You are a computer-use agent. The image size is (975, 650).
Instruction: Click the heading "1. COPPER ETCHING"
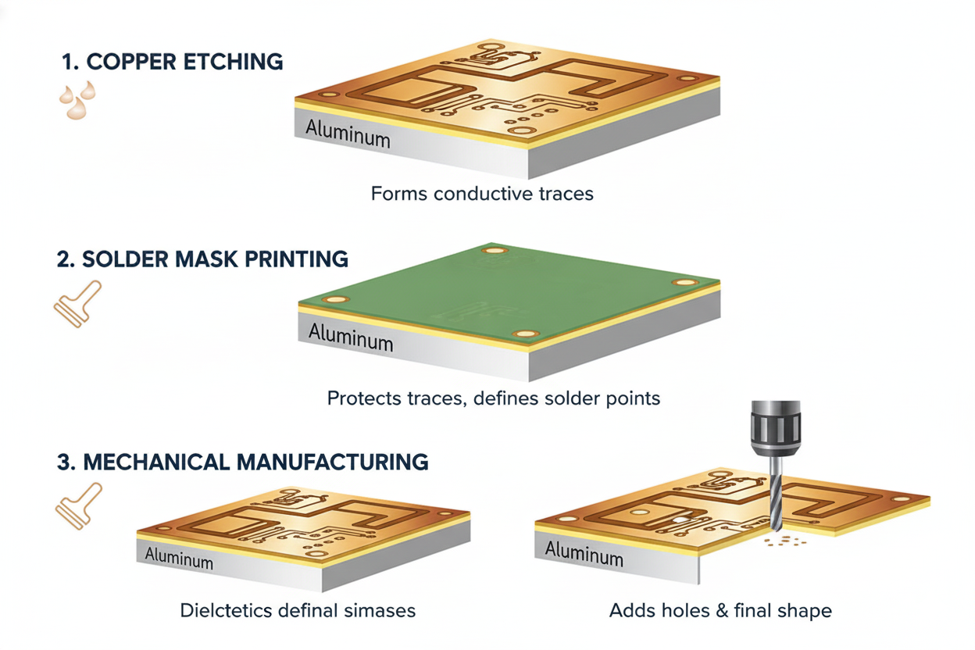point(172,62)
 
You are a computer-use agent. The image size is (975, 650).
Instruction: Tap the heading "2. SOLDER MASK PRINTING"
point(203,259)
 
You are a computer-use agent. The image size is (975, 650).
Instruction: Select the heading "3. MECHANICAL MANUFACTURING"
point(243,461)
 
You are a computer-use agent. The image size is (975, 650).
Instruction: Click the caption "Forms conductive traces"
point(482,193)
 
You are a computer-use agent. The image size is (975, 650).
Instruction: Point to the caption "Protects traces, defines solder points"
point(494,398)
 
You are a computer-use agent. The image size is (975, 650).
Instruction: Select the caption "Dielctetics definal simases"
point(298,610)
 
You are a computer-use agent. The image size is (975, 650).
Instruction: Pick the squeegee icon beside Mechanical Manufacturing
point(78,505)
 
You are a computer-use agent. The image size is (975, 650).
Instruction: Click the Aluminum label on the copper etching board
point(347,134)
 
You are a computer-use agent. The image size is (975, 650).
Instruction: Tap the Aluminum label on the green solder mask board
point(351,337)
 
